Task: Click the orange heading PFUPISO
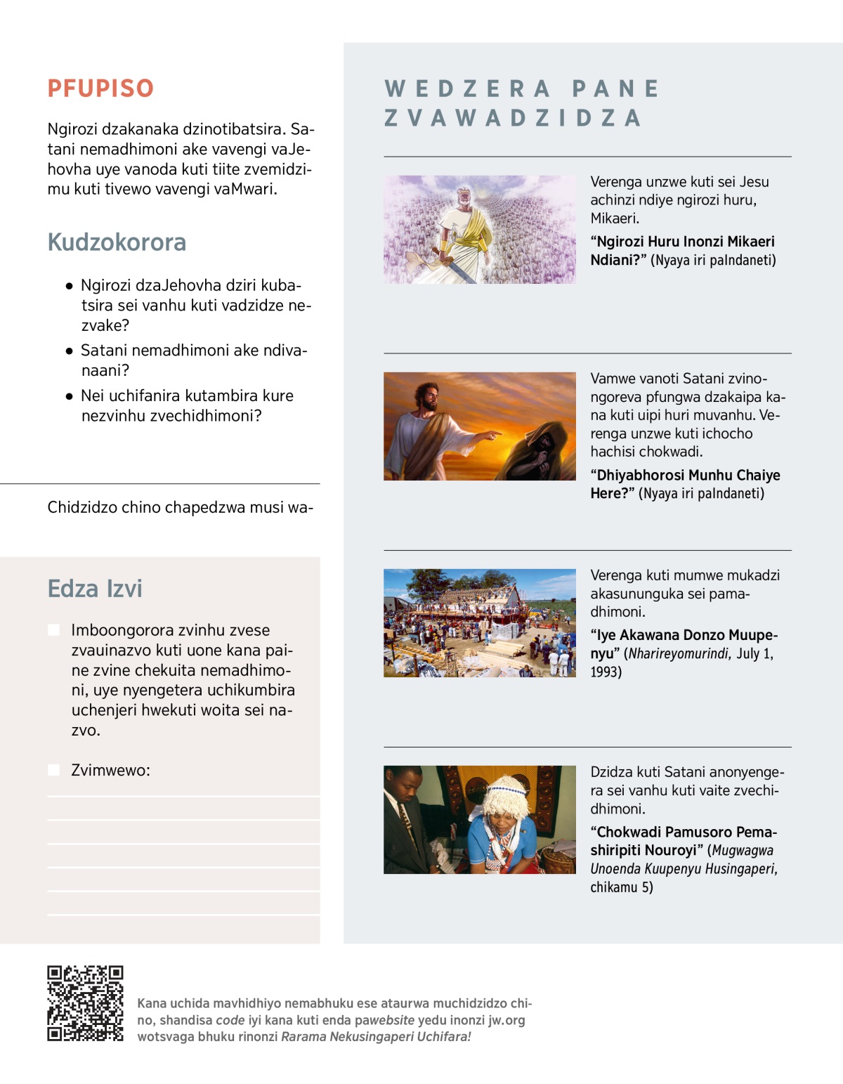100,89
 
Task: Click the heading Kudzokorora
117,242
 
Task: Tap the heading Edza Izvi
95,589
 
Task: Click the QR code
85,1003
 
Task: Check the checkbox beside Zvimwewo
53,770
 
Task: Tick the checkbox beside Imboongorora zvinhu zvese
53,629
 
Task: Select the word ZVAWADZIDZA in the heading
513,118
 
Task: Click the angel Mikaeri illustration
479,230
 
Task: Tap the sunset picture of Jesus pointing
479,426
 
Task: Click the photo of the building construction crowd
479,623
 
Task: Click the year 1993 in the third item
606,672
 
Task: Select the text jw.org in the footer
507,1020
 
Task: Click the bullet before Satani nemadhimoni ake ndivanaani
69,351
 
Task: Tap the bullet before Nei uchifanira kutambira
69,396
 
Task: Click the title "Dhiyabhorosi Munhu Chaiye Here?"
685,484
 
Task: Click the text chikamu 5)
622,887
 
